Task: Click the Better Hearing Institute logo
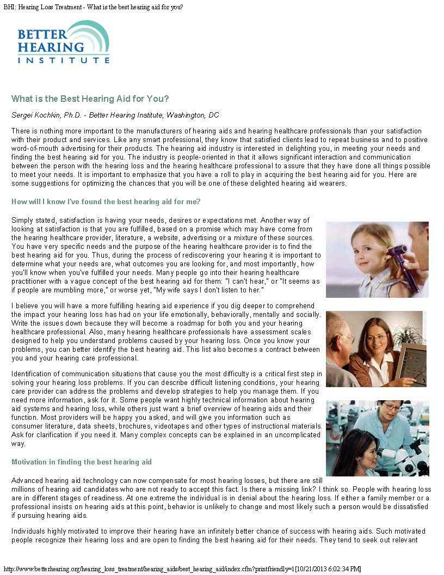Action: pos(63,42)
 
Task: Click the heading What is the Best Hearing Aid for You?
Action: pos(90,99)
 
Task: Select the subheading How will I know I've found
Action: pos(106,202)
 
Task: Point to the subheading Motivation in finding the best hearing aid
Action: pos(82,462)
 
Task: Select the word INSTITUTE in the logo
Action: pos(63,60)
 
